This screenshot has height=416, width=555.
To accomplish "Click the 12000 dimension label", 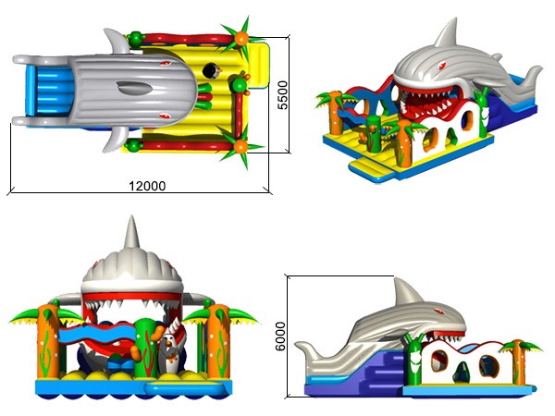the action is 147,186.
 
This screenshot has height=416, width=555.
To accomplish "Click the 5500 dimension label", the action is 282,95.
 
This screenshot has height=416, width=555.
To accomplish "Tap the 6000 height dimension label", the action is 280,336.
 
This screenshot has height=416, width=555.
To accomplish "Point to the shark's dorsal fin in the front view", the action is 131,233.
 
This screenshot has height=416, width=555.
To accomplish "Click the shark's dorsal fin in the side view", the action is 406,291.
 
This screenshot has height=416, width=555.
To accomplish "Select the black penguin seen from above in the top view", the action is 212,70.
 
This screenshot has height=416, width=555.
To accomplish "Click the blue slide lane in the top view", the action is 49,91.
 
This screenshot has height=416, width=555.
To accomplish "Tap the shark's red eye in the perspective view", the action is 442,66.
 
